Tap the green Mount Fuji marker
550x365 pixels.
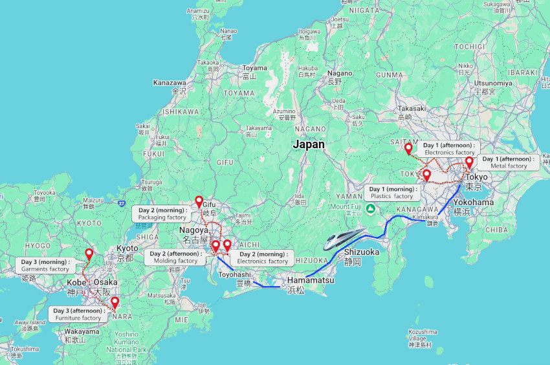(x=370, y=208)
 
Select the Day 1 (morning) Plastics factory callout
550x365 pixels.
(x=392, y=192)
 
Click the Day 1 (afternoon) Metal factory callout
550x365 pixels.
(x=509, y=162)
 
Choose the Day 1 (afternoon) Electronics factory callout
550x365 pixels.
(x=449, y=149)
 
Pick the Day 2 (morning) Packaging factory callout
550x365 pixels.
(x=162, y=214)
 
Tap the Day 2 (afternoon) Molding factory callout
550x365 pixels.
(x=175, y=257)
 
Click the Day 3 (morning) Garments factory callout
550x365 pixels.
(x=45, y=265)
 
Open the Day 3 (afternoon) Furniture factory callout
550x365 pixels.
(x=78, y=314)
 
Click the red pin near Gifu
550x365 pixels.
(x=199, y=201)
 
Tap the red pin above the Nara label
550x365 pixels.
(x=115, y=302)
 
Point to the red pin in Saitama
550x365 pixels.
(x=408, y=149)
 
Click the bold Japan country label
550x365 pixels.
(x=309, y=144)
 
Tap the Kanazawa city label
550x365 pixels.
(x=170, y=83)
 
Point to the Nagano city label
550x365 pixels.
(x=340, y=73)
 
